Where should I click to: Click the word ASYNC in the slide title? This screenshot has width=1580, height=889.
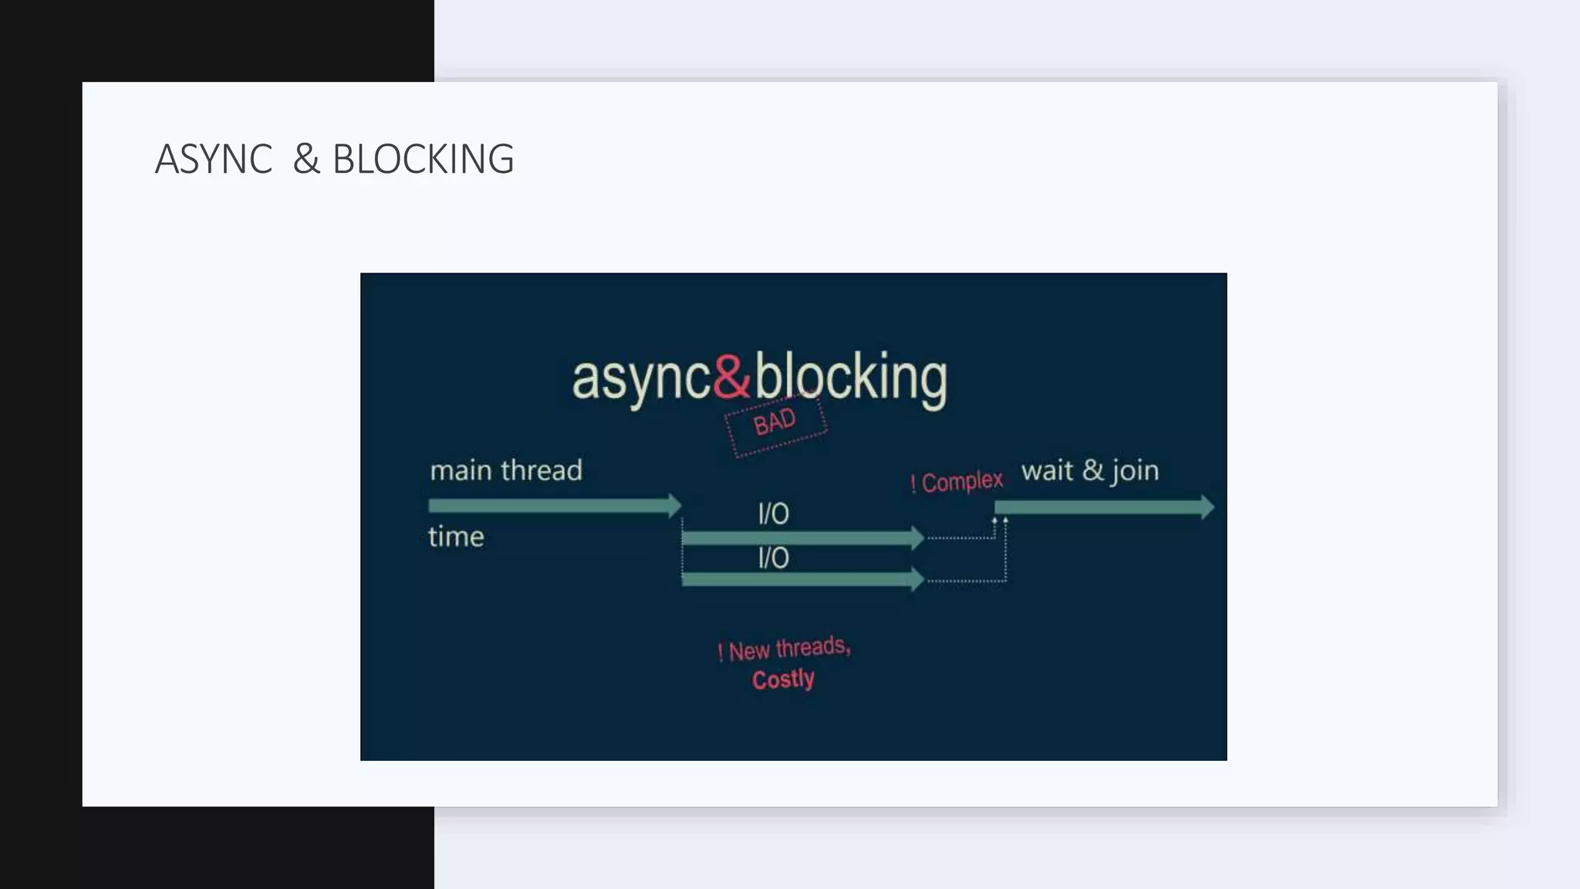[214, 159]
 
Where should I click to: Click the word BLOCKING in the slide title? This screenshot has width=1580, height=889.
[423, 159]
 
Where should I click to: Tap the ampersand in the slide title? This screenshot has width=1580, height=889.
[306, 159]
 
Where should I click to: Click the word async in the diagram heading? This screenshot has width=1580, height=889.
[640, 378]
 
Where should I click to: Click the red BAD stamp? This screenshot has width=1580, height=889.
[775, 423]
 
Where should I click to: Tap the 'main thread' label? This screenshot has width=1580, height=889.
[506, 470]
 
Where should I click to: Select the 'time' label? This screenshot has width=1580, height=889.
[456, 536]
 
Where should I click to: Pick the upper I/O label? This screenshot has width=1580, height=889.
[773, 514]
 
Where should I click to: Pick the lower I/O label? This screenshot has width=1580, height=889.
[773, 558]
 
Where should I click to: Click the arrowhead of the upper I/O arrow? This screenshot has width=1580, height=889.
[917, 538]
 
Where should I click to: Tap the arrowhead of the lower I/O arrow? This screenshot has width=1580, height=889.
[917, 579]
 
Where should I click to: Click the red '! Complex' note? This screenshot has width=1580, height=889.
[957, 482]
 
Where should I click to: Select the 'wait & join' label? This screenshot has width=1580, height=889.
[1089, 470]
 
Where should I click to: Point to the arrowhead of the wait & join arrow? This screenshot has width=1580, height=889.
[1207, 507]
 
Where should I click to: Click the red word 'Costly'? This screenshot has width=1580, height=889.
[783, 679]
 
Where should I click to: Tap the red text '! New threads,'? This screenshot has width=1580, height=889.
[784, 649]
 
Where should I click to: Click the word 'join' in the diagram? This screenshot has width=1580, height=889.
[1135, 471]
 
